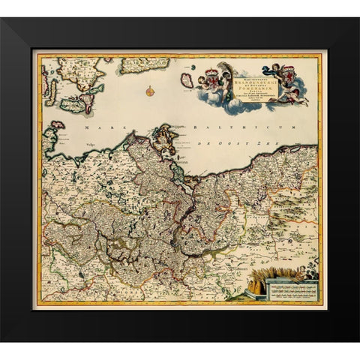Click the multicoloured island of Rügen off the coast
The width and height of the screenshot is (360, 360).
[163, 138]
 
